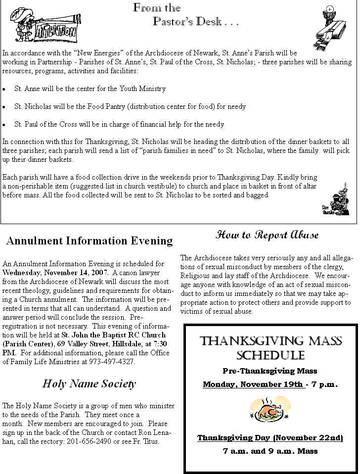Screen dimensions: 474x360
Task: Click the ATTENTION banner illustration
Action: click(45, 24)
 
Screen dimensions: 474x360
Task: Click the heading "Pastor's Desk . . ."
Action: click(196, 22)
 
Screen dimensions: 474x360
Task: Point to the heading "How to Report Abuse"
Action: click(267, 235)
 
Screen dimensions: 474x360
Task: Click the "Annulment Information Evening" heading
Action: click(90, 241)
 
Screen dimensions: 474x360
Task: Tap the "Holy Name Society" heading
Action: click(89, 383)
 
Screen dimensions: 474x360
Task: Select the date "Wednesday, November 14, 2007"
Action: click(55, 273)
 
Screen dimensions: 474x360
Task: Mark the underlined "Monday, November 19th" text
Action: click(253, 384)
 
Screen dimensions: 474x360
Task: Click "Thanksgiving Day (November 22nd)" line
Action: click(270, 438)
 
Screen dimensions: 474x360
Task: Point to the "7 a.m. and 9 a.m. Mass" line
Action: click(270, 451)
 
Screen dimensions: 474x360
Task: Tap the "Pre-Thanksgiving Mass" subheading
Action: click(270, 371)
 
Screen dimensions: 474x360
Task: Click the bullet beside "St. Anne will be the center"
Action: click(4, 89)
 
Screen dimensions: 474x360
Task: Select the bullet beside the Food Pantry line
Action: click(4, 107)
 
